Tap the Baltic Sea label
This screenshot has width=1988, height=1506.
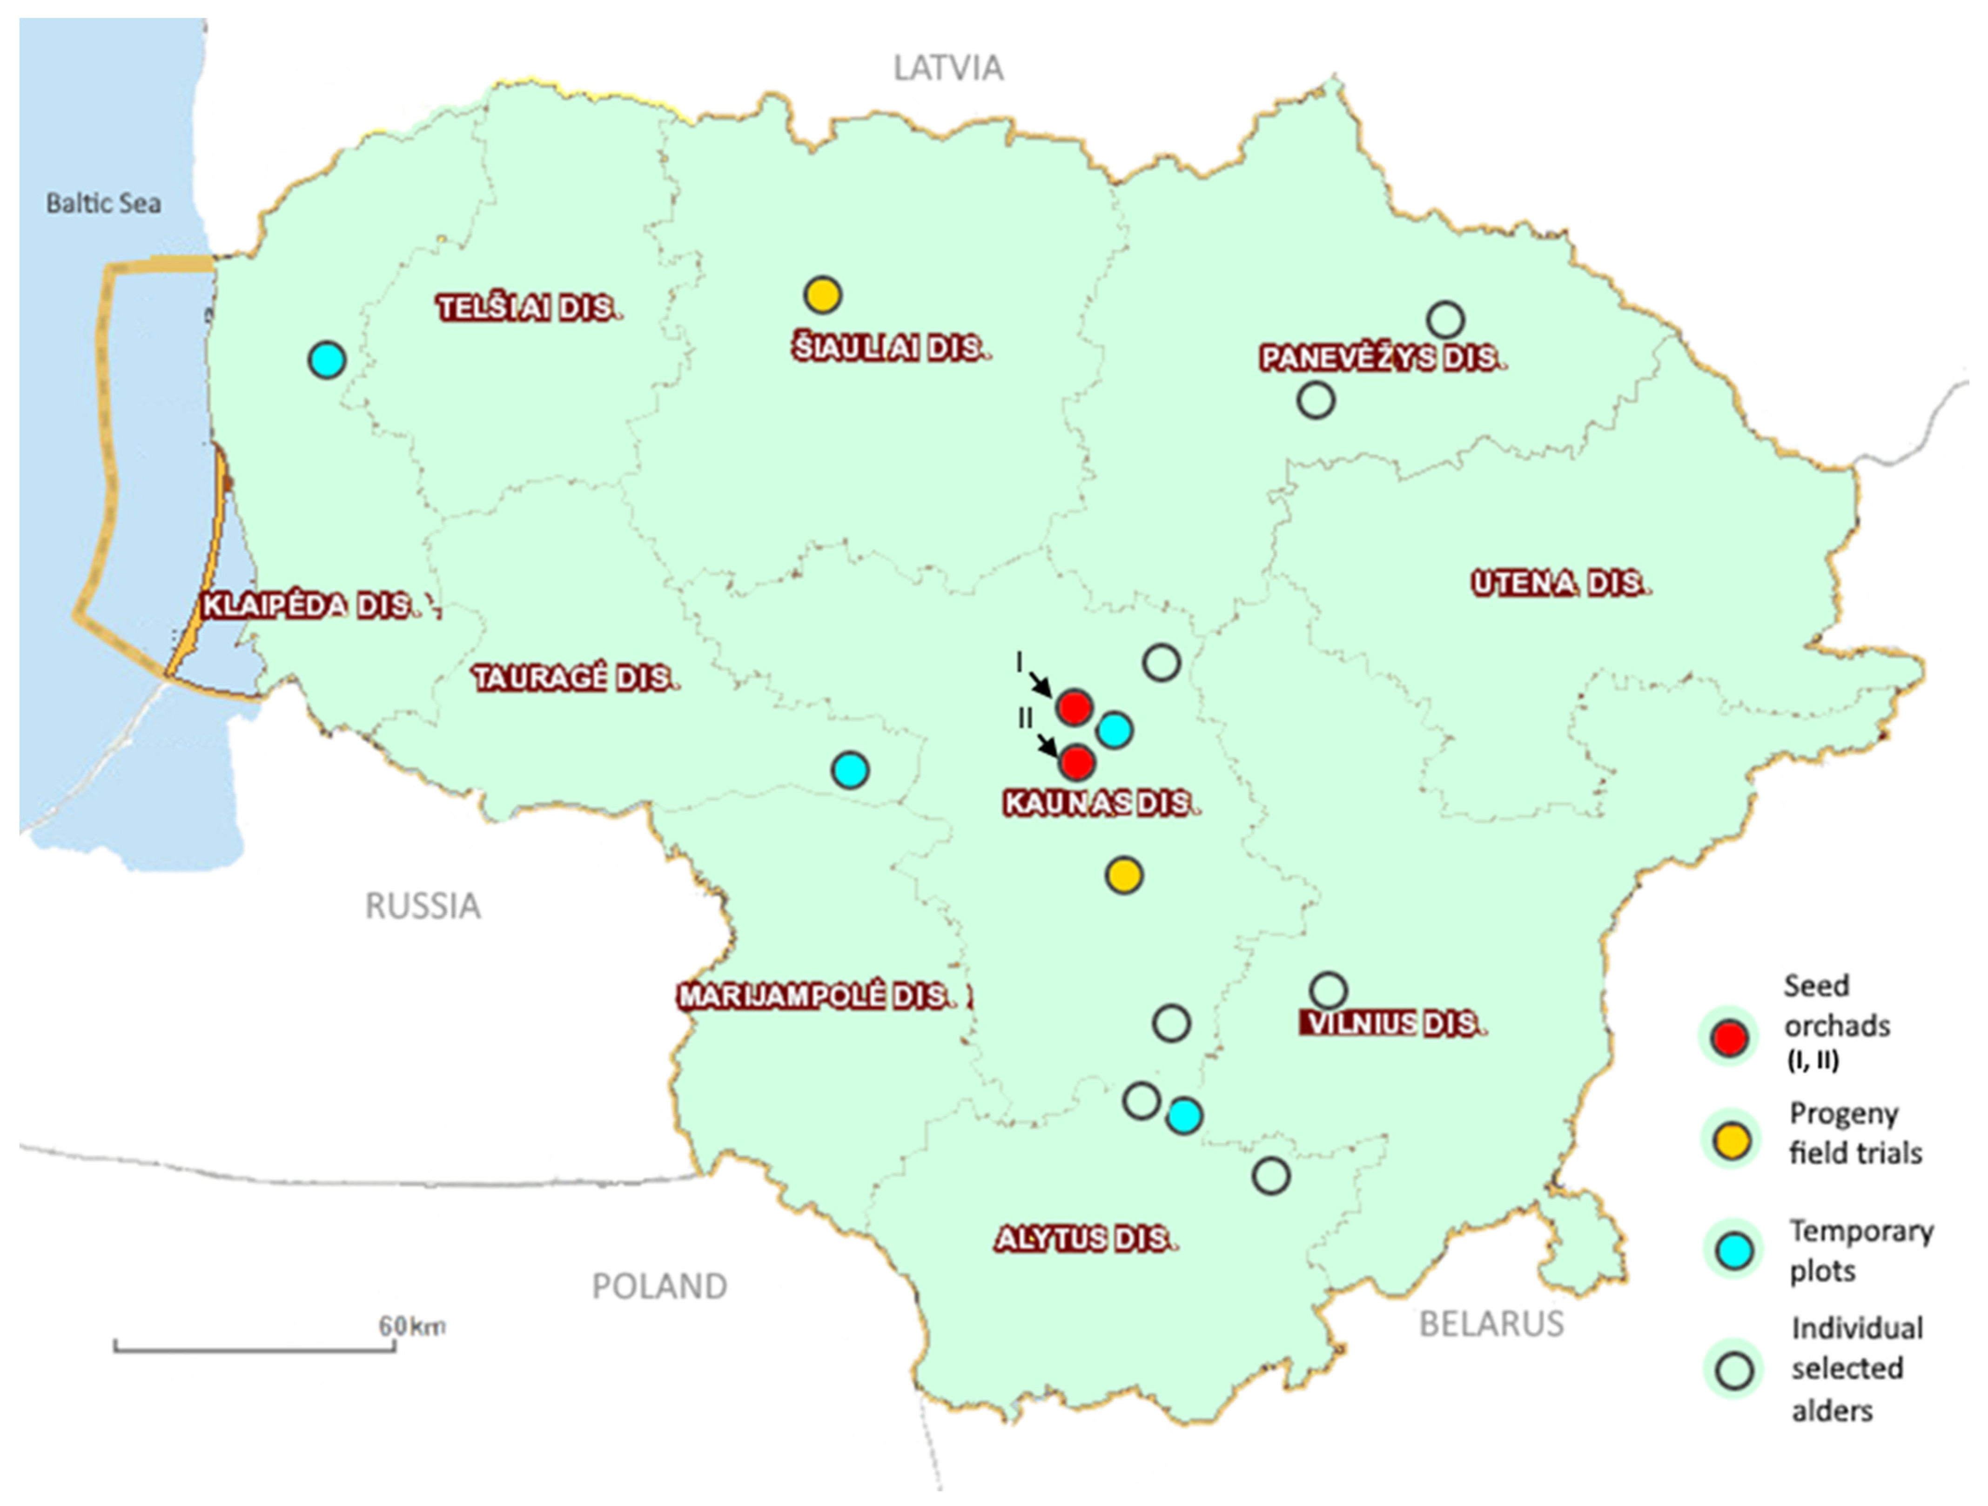point(103,203)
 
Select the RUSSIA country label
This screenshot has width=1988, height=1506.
point(423,906)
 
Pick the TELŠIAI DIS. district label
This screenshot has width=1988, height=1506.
point(529,308)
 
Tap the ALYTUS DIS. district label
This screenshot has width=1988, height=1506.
point(1085,1239)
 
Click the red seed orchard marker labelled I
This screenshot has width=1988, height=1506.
point(1075,708)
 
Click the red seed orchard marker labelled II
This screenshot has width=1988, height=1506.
point(1076,763)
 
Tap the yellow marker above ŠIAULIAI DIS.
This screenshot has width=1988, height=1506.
point(822,295)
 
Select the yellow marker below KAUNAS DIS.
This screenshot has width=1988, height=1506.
point(1123,874)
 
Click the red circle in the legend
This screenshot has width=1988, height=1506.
point(1730,1038)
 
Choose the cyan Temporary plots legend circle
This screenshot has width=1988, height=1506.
point(1734,1251)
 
